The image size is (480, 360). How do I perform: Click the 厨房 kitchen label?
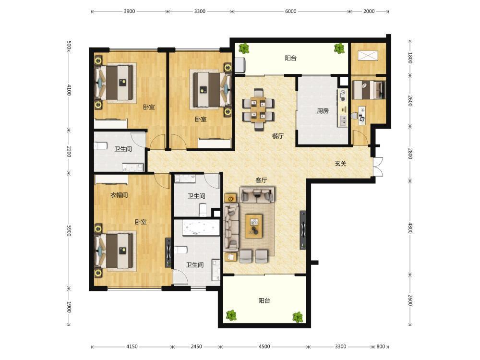click(x=323, y=111)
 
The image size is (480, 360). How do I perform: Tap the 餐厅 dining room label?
click(x=277, y=136)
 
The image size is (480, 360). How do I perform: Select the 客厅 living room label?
click(x=261, y=180)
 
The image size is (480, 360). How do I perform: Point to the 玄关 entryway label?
click(x=340, y=164)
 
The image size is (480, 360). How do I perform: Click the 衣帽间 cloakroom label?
click(x=119, y=195)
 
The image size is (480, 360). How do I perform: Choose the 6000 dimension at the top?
click(x=290, y=12)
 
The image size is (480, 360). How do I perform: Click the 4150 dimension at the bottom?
click(x=132, y=347)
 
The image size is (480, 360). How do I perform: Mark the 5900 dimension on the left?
click(x=69, y=230)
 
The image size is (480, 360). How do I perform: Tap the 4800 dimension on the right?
click(x=410, y=228)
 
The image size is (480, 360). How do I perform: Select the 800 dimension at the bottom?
click(x=381, y=347)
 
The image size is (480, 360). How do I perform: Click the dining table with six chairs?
click(x=258, y=109)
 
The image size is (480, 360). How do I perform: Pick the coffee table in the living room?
click(x=254, y=226)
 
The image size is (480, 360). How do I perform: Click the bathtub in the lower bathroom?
click(x=201, y=228)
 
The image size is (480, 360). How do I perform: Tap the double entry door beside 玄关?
click(x=378, y=167)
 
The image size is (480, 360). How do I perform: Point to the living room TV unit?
click(x=302, y=230)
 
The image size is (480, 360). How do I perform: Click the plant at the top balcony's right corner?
click(x=339, y=48)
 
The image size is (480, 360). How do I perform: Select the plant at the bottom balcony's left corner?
click(x=231, y=315)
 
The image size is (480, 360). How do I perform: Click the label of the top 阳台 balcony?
click(x=290, y=58)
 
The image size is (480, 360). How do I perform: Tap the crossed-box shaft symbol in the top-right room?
click(x=368, y=56)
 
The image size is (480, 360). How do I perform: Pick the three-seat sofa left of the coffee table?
click(x=231, y=226)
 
